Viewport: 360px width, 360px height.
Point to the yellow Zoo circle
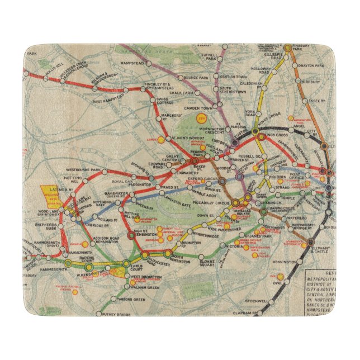click(201, 119)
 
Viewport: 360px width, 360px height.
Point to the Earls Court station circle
click(126, 264)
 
